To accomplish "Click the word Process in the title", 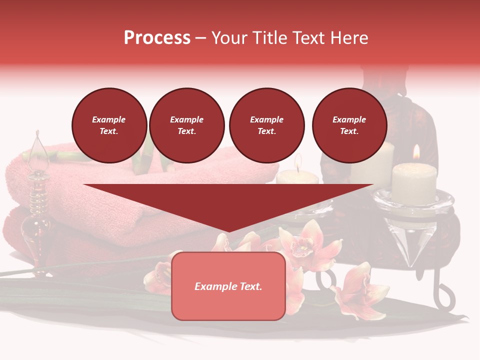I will coord(157,38).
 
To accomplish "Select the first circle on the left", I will coord(109,125).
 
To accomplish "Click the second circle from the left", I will coord(186,125).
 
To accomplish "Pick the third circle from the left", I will coord(266,125).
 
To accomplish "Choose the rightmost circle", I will coord(349,125).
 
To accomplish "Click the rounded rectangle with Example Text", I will coord(228,286).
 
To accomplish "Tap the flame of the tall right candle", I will coord(416,152).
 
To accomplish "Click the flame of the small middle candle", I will coord(298,161).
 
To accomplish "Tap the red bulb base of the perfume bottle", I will coord(35,235).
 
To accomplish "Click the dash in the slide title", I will coord(201,38).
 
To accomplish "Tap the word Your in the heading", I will coord(230,38).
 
